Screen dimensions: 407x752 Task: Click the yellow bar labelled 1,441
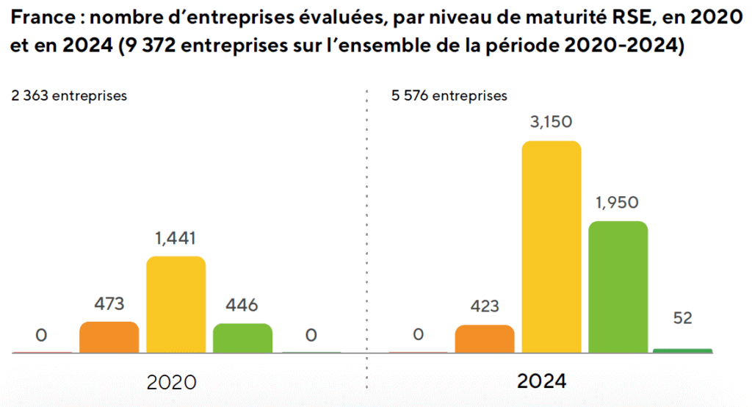coord(176,304)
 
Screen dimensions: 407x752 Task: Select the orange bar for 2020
coord(109,337)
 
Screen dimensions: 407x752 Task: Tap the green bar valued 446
coord(243,338)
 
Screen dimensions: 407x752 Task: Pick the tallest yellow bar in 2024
coord(552,247)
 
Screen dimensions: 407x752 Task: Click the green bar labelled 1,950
coord(618,287)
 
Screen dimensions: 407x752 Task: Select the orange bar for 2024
coord(485,339)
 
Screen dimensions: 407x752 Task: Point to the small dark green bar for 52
coord(682,350)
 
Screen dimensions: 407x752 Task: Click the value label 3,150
coord(552,122)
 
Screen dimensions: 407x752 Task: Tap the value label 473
coord(109,304)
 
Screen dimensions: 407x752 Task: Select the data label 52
coord(682,318)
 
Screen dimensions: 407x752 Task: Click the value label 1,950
coord(618,203)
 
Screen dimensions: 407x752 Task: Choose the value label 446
coord(242,305)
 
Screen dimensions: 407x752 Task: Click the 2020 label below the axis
coord(172,383)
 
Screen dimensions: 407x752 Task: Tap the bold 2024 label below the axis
coord(542,382)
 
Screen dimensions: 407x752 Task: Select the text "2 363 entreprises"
coord(69,96)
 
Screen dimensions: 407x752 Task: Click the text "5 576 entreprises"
coord(449,96)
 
